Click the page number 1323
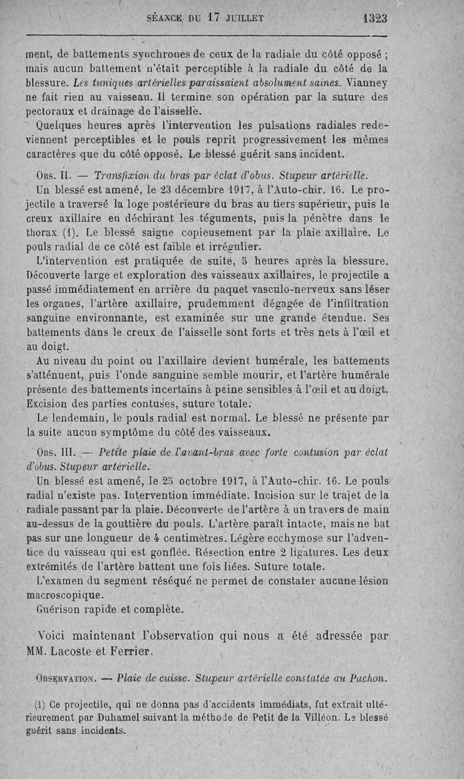(x=375, y=18)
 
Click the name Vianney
(x=365, y=82)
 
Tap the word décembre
(x=202, y=190)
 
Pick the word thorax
(x=42, y=234)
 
